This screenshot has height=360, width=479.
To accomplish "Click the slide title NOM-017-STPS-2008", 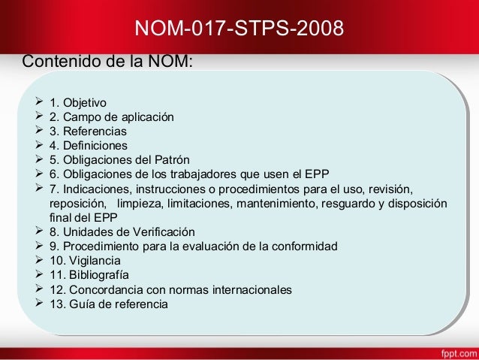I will click(239, 29).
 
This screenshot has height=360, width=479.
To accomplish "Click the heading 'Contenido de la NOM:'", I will click(109, 61).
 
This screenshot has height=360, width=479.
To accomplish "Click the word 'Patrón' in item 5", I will click(173, 160).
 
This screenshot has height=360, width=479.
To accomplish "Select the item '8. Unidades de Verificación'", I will click(122, 232).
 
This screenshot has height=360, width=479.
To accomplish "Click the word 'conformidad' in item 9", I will click(306, 247).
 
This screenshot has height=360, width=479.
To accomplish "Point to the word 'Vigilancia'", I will click(95, 261).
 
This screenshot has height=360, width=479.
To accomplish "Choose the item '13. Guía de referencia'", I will click(109, 304).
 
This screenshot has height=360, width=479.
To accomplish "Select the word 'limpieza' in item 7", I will click(140, 204).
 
